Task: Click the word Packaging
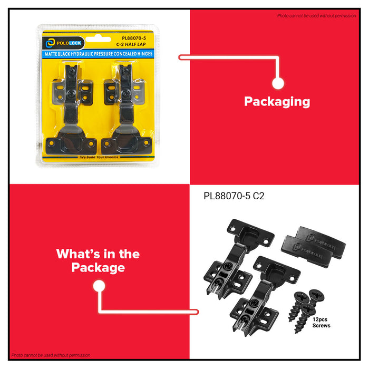[277, 102]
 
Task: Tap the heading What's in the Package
[98, 260]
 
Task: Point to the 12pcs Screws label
[321, 322]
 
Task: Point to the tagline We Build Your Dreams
[94, 157]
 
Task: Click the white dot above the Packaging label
[278, 83]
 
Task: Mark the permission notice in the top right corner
[316, 16]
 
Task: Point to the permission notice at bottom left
[51, 355]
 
